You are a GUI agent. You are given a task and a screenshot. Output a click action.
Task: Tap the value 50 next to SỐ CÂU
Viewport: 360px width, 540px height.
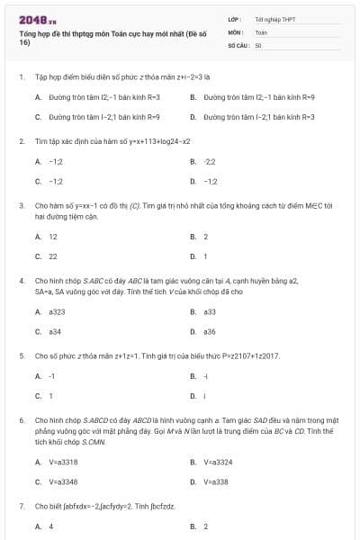[x=258, y=44]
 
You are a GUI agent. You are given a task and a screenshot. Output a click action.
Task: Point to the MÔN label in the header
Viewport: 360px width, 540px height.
[x=235, y=31]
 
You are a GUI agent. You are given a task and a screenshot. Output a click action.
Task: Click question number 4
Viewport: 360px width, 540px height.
[x=21, y=281]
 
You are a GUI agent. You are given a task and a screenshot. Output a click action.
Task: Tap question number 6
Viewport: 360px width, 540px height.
[x=21, y=420]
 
